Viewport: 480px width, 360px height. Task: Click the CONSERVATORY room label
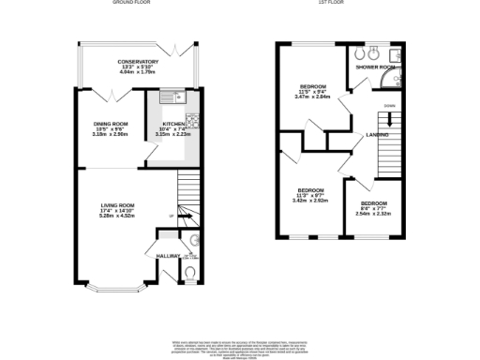pyautogui.click(x=138, y=62)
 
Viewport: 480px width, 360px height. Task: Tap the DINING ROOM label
pyautogui.click(x=110, y=123)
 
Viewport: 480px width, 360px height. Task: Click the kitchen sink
pyautogui.click(x=173, y=96)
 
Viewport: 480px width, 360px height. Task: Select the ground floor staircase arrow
pyautogui.click(x=184, y=217)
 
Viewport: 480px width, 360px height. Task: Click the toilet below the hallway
pyautogui.click(x=190, y=274)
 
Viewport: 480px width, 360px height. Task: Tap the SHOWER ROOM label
pyautogui.click(x=373, y=67)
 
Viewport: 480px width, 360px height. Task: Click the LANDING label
pyautogui.click(x=379, y=136)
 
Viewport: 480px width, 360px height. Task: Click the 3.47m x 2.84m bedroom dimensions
pyautogui.click(x=312, y=97)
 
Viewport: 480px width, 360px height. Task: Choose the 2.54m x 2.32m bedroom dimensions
pyautogui.click(x=375, y=215)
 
